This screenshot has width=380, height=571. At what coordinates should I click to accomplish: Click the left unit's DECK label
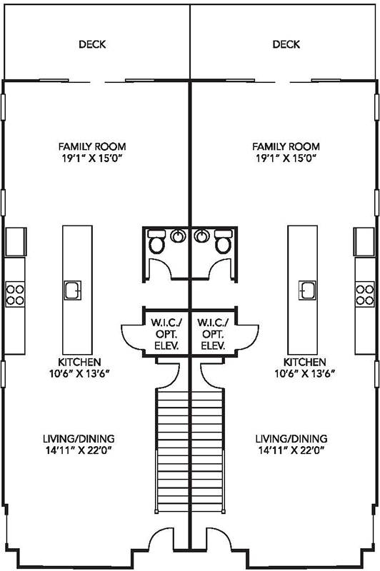[92, 44]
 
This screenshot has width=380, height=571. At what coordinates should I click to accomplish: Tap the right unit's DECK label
[286, 44]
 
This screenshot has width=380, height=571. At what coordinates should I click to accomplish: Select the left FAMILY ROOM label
[92, 146]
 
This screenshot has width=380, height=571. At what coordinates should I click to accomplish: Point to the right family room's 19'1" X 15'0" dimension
[286, 158]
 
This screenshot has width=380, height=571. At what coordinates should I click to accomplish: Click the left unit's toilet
[157, 241]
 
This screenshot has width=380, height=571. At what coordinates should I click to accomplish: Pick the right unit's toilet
[224, 241]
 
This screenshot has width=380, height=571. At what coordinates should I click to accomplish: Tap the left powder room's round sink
[178, 236]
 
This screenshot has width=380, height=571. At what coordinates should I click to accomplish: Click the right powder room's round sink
[202, 236]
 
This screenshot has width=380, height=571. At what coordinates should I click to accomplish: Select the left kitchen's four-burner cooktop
[15, 294]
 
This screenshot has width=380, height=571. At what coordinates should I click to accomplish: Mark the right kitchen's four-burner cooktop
[365, 294]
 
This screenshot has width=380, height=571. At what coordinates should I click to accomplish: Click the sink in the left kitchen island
[73, 290]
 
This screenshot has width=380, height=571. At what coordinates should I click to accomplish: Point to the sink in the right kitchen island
[307, 290]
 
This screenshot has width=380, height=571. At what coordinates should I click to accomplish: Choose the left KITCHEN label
[79, 362]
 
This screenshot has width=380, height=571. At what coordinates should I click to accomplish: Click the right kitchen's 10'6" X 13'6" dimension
[305, 373]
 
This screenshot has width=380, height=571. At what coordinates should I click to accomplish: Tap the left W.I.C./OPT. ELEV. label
[166, 334]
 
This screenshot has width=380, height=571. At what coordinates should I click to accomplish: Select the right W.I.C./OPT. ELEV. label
[213, 334]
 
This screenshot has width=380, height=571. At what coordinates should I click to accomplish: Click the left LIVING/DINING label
[79, 438]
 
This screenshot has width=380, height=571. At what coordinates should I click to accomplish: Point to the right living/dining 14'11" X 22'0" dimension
[291, 450]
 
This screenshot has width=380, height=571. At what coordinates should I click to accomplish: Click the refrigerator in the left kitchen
[16, 241]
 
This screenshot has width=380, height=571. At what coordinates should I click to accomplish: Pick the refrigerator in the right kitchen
[364, 241]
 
